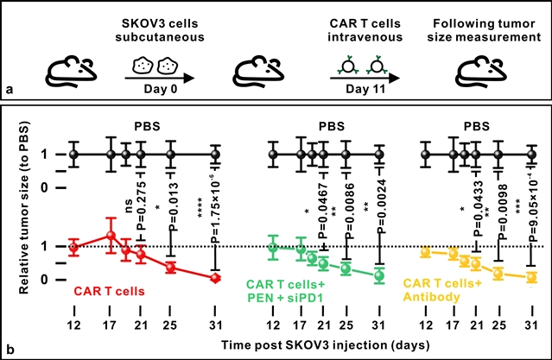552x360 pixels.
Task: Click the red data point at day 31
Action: [x=216, y=277]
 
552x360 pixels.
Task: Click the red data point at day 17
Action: [x=111, y=236]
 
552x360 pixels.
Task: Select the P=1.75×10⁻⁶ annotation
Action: [x=216, y=206]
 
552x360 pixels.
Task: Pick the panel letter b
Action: [x=8, y=350]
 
